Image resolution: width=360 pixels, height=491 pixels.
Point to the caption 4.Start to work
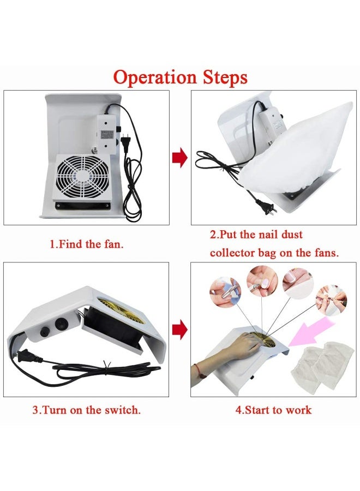(273, 410)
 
